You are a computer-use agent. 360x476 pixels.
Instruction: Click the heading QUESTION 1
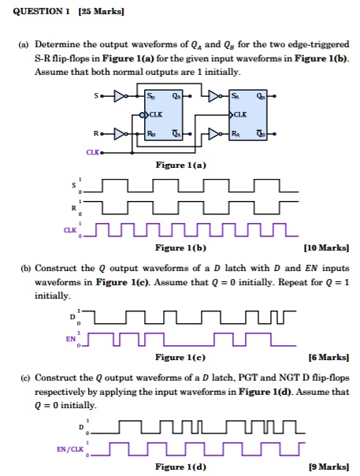pos(41,12)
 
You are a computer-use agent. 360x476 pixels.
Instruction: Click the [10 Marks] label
pos(326,247)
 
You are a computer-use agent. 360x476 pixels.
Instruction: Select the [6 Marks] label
pos(328,357)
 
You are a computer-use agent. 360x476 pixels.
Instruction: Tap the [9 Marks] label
pos(328,467)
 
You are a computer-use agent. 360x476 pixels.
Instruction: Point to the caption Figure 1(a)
pos(181,165)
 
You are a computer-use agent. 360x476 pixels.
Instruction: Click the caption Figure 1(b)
pos(180,247)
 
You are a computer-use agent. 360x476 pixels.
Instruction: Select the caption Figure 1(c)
pos(180,357)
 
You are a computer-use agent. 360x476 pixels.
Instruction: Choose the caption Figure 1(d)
pos(180,467)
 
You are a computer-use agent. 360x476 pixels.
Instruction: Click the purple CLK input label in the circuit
pos(93,152)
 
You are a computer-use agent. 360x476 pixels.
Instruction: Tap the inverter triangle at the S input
pos(119,96)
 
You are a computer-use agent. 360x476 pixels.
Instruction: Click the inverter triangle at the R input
pos(119,133)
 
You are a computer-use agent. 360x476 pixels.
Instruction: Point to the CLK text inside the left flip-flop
pos(156,115)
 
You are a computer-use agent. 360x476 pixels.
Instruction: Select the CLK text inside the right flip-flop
pos(240,115)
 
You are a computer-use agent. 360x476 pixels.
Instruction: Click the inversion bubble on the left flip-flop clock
pos(142,115)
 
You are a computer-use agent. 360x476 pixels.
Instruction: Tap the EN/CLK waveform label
pos(70,449)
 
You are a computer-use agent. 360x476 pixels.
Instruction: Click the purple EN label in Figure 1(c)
pos(71,339)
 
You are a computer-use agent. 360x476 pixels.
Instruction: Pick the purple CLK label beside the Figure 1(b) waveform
pos(70,230)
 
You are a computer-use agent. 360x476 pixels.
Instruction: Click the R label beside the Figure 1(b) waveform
pos(73,208)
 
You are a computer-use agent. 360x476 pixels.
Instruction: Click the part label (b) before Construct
pos(26,269)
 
